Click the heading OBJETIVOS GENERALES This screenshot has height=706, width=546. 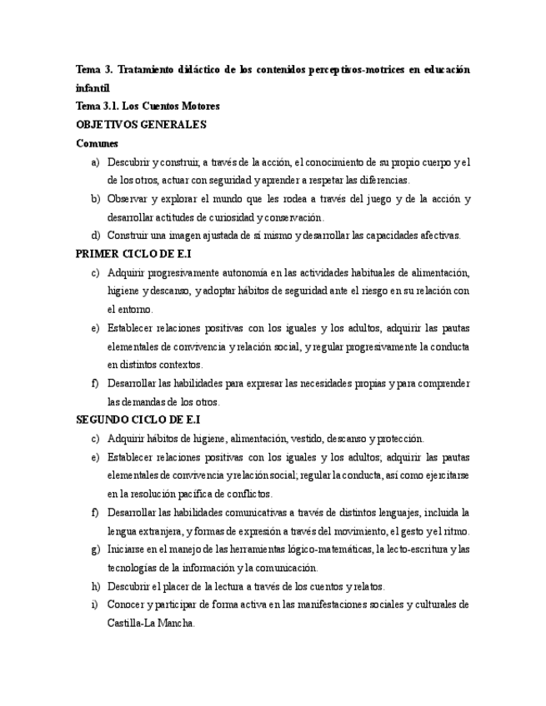(x=141, y=124)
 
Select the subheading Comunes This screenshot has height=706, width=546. (x=97, y=143)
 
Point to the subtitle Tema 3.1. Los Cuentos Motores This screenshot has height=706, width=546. (x=148, y=106)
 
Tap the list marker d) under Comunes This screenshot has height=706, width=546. (x=95, y=236)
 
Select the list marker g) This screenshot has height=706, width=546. (x=95, y=549)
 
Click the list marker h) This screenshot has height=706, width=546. (x=95, y=586)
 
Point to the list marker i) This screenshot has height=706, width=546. (x=95, y=604)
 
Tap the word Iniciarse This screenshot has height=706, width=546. (x=127, y=549)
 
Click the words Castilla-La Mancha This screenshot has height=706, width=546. (x=151, y=623)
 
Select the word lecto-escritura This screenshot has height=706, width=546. (x=422, y=549)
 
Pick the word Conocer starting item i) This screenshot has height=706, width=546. (x=126, y=604)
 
